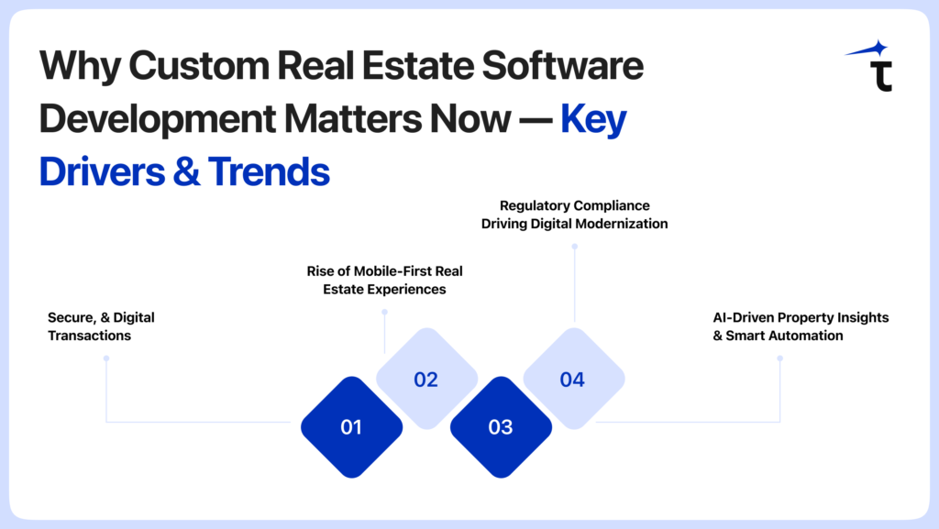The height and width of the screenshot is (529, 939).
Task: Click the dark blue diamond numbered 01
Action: [351, 426]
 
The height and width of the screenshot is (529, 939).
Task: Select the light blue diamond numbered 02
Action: [426, 379]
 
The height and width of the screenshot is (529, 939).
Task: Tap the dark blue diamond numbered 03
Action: [501, 426]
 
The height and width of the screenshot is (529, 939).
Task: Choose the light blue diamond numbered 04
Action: [574, 379]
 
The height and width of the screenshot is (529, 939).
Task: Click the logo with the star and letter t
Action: [871, 66]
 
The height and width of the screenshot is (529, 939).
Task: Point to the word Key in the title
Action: [593, 119]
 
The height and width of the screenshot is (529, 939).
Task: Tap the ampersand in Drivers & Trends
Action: [186, 171]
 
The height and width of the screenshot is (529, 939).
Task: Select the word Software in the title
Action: [563, 65]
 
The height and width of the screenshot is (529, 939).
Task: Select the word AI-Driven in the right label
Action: [741, 317]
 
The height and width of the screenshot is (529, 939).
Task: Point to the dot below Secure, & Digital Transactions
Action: [106, 358]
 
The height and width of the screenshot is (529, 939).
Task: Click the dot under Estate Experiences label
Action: [384, 312]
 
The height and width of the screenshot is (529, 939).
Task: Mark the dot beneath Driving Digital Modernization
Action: [574, 246]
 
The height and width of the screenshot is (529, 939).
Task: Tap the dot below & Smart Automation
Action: [779, 358]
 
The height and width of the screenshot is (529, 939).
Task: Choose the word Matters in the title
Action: [353, 118]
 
